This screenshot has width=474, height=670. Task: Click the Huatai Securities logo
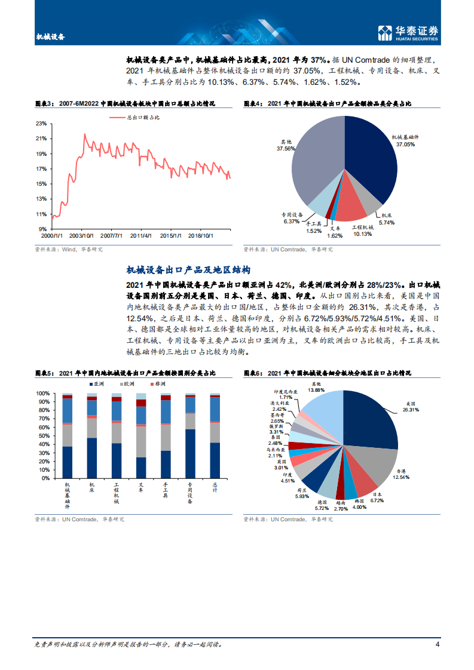tap(409, 33)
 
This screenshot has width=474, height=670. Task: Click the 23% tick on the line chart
tap(41, 124)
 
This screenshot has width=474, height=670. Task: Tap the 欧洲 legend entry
tap(132, 383)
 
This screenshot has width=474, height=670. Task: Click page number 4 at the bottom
tap(438, 644)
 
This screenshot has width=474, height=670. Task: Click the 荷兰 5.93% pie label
tap(302, 493)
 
